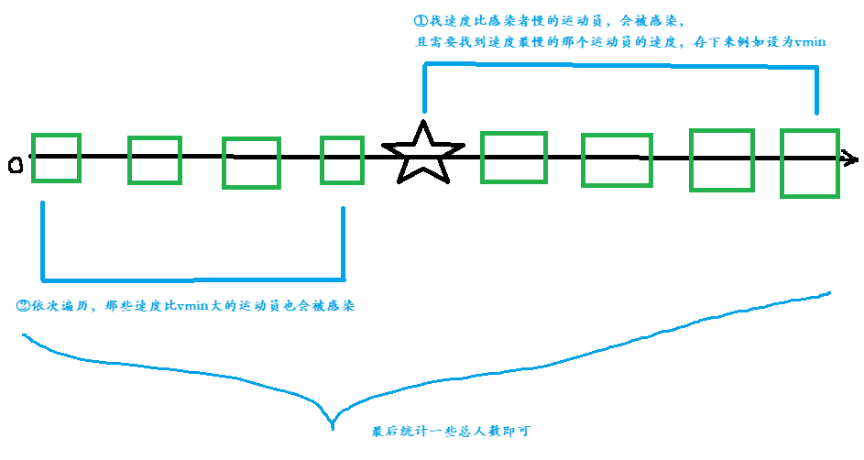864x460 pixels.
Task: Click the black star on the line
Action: pyautogui.click(x=422, y=153)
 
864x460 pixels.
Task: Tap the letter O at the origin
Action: pyautogui.click(x=15, y=165)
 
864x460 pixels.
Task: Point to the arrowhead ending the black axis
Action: pyautogui.click(x=851, y=159)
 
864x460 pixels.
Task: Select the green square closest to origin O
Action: pyautogui.click(x=56, y=158)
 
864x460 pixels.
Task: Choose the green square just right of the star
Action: pyautogui.click(x=513, y=158)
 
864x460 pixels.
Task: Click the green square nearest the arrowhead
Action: pyautogui.click(x=809, y=163)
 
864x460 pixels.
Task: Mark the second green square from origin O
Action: pyautogui.click(x=155, y=159)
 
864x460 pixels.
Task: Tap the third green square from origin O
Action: pyautogui.click(x=250, y=162)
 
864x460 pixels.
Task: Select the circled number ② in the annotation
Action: pyautogui.click(x=24, y=306)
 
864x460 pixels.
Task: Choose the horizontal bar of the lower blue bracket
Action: pyautogui.click(x=192, y=278)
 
